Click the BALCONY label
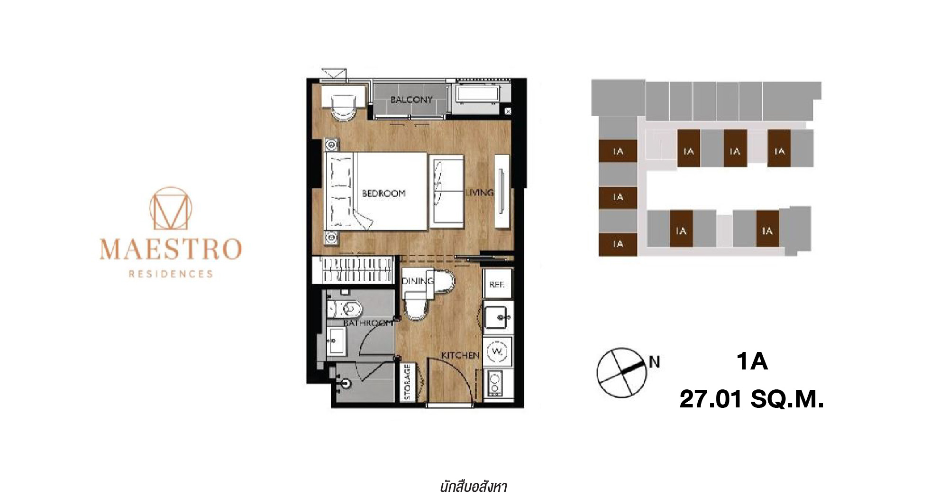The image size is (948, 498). (411, 100)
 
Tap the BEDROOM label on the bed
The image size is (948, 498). (383, 193)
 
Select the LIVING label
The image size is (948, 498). (479, 193)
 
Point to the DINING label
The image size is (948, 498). (418, 281)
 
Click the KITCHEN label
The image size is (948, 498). (460, 355)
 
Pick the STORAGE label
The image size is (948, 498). (407, 382)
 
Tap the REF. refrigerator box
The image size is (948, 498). (497, 284)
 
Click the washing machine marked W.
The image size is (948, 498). (497, 351)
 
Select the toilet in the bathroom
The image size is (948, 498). (345, 309)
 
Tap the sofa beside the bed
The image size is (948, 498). (447, 193)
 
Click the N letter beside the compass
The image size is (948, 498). (654, 362)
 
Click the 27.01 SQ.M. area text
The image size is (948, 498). (752, 399)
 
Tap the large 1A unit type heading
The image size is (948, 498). (752, 361)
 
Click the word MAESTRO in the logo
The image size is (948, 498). (171, 249)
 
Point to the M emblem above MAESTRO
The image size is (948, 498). (171, 209)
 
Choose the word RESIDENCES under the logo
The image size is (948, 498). (171, 274)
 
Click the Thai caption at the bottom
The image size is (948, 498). (474, 487)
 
